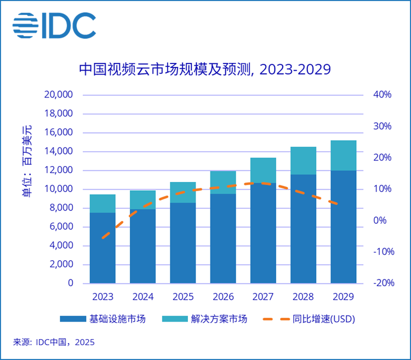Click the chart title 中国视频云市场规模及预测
click(205, 70)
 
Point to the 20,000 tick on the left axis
click(58, 95)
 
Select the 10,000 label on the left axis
click(58, 189)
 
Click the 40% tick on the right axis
click(383, 95)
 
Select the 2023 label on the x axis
click(102, 297)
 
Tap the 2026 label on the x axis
click(223, 297)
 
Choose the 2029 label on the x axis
click(344, 297)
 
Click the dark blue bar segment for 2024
click(142, 247)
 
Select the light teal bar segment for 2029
click(344, 155)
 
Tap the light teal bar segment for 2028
click(303, 161)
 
